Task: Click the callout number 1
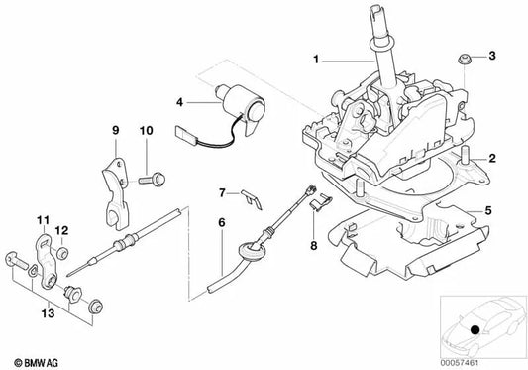pyautogui.click(x=316, y=60)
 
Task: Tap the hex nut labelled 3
pyautogui.click(x=464, y=60)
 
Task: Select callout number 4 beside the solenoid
pyautogui.click(x=180, y=102)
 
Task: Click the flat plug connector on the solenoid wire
pyautogui.click(x=185, y=133)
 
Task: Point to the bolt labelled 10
pyautogui.click(x=152, y=179)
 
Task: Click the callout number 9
pyautogui.click(x=116, y=130)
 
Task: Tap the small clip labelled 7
pyautogui.click(x=252, y=199)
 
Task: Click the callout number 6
pyautogui.click(x=221, y=222)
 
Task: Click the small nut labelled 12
pyautogui.click(x=62, y=253)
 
